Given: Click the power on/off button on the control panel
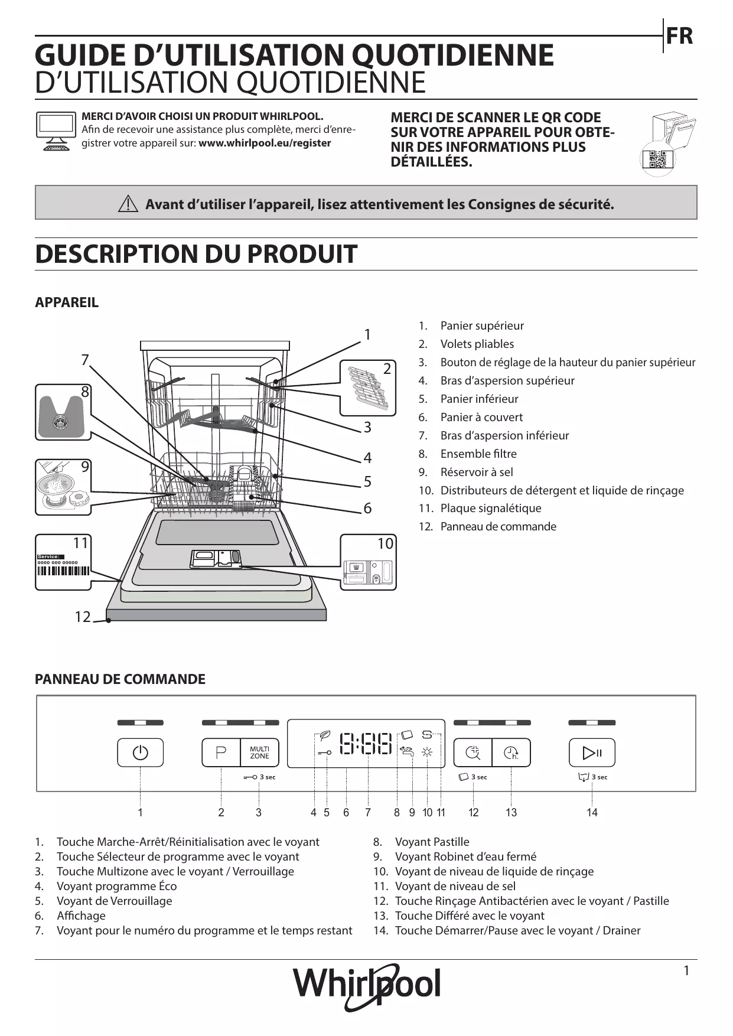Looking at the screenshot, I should pos(140,752).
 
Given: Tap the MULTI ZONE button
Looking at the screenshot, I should pos(259,752).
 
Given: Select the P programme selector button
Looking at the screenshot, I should pos(221,752).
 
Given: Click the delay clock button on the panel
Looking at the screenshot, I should pos(511,752).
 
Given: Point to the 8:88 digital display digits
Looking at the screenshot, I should pos(366,744).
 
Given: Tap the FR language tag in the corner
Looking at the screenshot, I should pos(679,37).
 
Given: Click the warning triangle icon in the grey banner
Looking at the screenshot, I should pos(128,204).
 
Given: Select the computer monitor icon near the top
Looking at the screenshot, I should pos(56,131).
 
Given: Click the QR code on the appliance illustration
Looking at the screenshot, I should pos(657,160).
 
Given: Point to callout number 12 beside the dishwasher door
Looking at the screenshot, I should pos(83,617).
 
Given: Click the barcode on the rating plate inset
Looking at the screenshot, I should pos(63,571).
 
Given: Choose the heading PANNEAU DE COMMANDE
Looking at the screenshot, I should pos(120,679).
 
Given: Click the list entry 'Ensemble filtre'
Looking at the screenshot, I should pos(478,454).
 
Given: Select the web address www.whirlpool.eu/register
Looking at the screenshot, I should pos(265,143).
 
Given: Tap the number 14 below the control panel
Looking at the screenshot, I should pos(592,813).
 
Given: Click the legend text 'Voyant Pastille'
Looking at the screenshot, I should pos(432,842).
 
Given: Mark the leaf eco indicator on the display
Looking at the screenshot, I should pos(324,736).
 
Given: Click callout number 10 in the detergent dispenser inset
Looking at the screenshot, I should pos(385,543).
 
